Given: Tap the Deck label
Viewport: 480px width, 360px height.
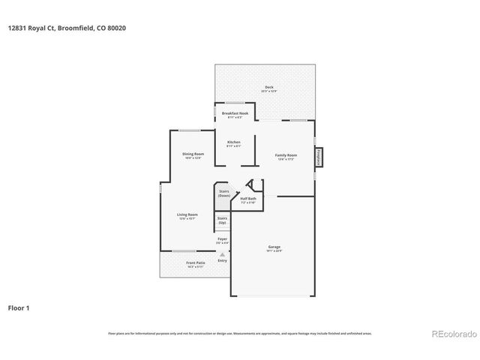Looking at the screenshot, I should point(268,87).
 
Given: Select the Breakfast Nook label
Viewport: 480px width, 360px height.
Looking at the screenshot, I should point(235,113).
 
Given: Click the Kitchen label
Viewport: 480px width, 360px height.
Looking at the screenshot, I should point(234,142).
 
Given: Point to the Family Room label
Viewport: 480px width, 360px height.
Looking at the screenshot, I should point(286,154).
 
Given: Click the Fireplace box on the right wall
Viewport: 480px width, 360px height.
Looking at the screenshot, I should point(319,157).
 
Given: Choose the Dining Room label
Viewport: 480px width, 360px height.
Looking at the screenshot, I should point(193,154).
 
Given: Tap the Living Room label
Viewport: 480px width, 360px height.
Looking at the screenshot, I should point(187,215).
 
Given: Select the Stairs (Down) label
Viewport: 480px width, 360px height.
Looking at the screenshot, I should point(223,193).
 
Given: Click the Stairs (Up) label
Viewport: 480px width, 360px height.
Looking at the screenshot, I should point(222,220).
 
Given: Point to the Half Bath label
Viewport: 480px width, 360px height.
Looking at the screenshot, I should point(248,199).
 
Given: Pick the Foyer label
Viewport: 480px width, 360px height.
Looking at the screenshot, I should point(222,238).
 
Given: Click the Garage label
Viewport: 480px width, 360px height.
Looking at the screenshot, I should point(274,247).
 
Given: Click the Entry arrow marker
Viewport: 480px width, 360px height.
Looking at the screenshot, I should point(222,255).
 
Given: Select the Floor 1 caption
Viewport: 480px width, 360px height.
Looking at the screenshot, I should point(19,307).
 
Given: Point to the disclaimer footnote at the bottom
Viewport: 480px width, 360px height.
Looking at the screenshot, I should point(239,333).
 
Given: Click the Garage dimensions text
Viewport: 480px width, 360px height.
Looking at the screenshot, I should point(274,250).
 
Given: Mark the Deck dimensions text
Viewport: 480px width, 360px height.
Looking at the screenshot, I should point(268,91).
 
